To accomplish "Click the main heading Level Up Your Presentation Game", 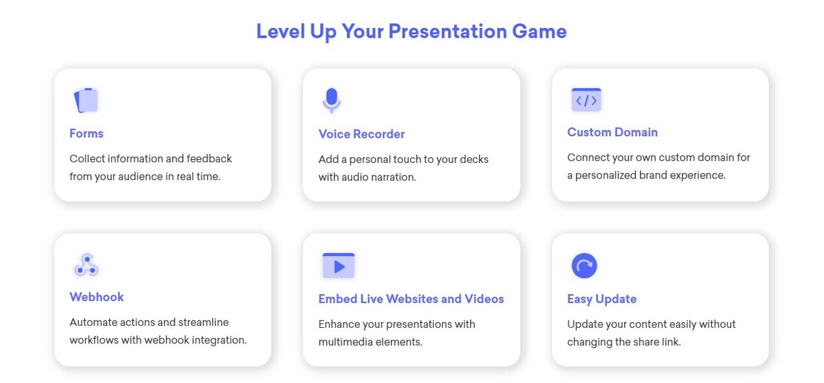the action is coord(411,32).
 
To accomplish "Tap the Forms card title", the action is coord(86,133).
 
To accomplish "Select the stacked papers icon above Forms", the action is coord(86,100).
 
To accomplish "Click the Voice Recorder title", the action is coord(361,134).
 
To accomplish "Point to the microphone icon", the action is coord(332,100).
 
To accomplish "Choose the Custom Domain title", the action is coord(612,132).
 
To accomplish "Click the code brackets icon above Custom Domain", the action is coord(587,100).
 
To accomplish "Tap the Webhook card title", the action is coord(97,297).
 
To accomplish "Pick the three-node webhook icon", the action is coord(86,265).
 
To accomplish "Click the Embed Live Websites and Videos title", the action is coord(411,299).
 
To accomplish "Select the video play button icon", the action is coord(339,266).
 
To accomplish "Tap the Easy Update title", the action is coord(602,299).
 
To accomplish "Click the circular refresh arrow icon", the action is coord(584,266).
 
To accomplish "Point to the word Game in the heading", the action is coord(539,32).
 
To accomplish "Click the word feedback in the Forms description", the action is coord(209,158).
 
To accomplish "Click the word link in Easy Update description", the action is coord(672,342).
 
